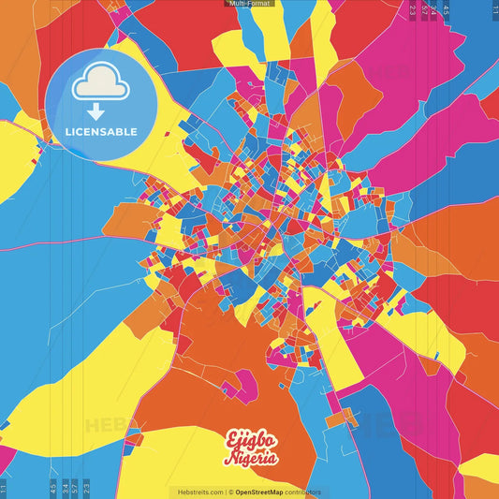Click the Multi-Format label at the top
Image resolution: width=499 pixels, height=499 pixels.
point(249,4)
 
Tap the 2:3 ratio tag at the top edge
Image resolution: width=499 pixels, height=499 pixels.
point(413,9)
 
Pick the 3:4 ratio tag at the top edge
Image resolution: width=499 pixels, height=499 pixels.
point(434,9)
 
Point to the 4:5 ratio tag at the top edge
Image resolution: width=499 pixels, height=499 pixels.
point(447,9)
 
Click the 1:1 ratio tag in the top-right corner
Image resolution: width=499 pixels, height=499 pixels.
point(494,9)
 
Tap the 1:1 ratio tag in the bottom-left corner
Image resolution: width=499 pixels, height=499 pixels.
point(4,488)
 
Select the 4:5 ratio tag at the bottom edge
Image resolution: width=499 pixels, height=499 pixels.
point(52,488)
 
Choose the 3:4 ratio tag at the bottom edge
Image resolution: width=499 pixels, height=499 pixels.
point(64,488)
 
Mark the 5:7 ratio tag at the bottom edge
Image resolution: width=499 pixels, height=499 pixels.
point(75,488)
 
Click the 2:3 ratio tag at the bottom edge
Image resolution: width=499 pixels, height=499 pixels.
point(86,488)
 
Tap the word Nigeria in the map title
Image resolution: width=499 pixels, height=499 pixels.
point(250,458)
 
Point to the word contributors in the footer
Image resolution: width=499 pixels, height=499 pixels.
point(303,492)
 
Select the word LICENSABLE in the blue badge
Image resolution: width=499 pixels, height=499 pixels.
point(101,132)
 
